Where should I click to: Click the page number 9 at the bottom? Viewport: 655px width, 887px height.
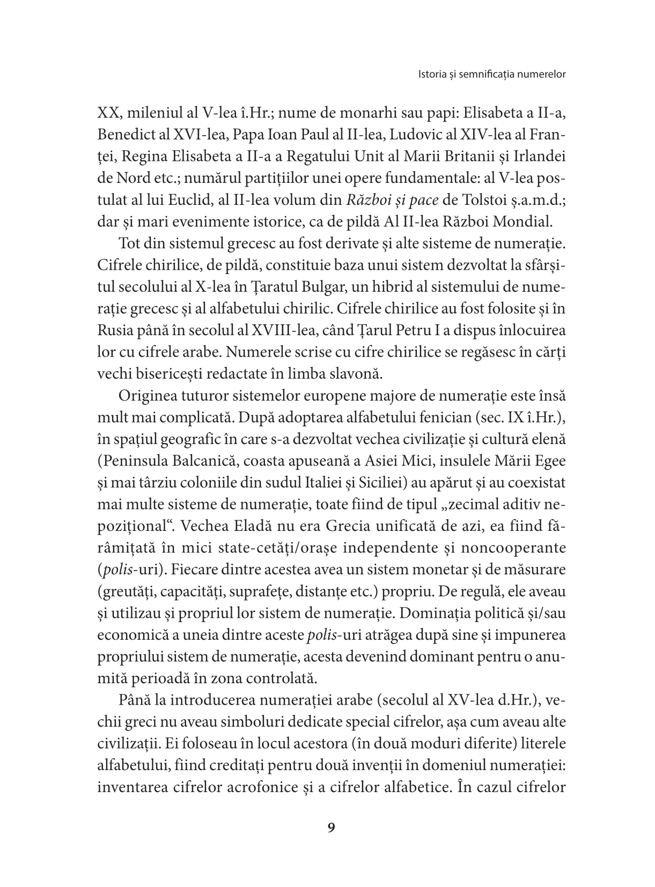[x=330, y=827]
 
